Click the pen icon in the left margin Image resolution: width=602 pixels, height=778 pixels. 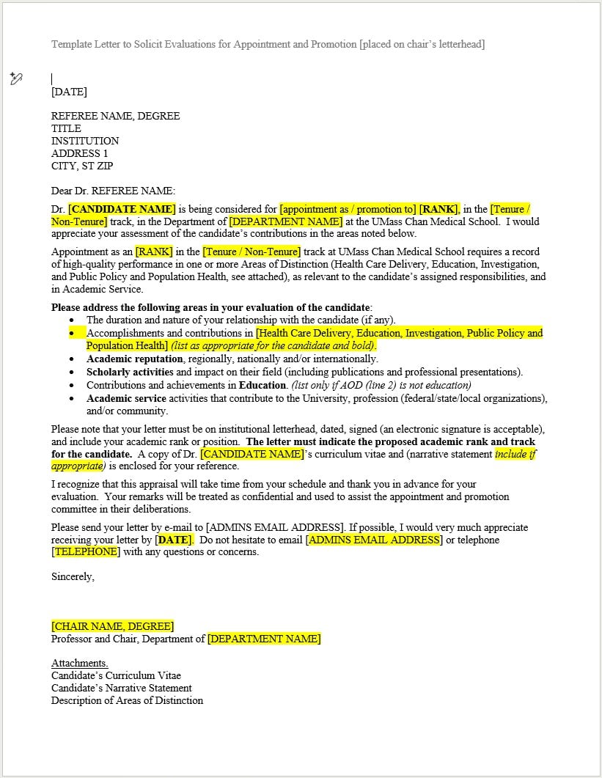pyautogui.click(x=16, y=79)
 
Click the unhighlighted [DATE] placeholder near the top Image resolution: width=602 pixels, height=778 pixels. pyautogui.click(x=69, y=92)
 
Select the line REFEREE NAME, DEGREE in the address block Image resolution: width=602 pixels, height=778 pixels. pyautogui.click(x=115, y=116)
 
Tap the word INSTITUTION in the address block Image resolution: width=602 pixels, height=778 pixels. pyautogui.click(x=85, y=141)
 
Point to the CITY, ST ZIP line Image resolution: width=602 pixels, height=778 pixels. pyautogui.click(x=82, y=166)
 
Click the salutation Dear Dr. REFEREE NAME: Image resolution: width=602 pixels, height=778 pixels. pyautogui.click(x=113, y=191)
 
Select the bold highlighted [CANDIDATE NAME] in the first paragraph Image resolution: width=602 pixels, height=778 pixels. pyautogui.click(x=122, y=209)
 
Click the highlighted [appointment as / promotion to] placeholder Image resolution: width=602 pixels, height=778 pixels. pyautogui.click(x=348, y=209)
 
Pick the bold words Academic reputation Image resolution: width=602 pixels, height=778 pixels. pyautogui.click(x=135, y=359)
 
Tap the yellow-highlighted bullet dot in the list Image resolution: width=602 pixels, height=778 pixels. pyautogui.click(x=72, y=333)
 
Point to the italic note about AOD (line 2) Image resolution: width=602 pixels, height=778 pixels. pyautogui.click(x=381, y=385)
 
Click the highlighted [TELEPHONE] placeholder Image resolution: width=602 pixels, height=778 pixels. pyautogui.click(x=86, y=552)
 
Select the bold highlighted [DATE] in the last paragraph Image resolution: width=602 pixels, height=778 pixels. pyautogui.click(x=174, y=540)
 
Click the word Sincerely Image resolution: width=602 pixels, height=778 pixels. pyautogui.click(x=73, y=576)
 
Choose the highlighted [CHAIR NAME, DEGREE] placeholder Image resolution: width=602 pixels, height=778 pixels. pyautogui.click(x=113, y=626)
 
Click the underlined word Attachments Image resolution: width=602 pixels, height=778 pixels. pyautogui.click(x=79, y=663)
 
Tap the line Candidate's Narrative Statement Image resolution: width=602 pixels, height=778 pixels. pyautogui.click(x=122, y=688)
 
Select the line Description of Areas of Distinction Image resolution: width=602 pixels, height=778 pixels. pyautogui.click(x=127, y=700)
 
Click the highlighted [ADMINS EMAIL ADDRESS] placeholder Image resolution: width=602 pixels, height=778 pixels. pyautogui.click(x=374, y=540)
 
